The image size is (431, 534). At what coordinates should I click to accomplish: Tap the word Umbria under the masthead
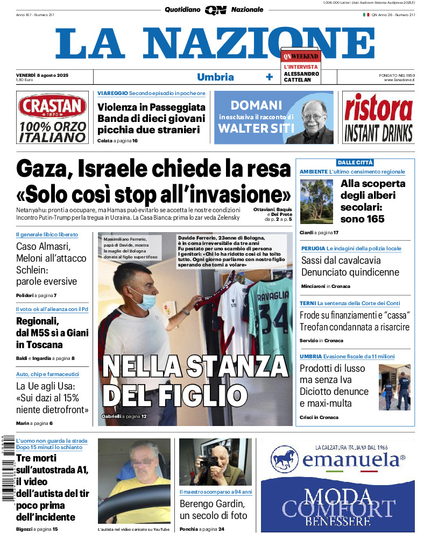215,77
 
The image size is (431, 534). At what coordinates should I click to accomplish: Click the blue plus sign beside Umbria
270,77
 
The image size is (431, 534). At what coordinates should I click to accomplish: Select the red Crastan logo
52,107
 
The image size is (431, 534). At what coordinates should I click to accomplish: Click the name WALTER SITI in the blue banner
256,128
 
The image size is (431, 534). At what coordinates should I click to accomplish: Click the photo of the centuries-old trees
316,201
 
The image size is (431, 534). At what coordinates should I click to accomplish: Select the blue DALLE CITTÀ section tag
355,163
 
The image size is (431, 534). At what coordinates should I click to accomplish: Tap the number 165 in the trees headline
372,219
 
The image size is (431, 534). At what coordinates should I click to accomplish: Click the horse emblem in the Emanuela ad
285,459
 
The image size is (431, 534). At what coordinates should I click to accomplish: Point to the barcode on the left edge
8,467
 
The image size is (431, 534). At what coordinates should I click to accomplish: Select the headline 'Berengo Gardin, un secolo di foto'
213,510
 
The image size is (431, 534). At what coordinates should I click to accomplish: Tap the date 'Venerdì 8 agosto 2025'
42,74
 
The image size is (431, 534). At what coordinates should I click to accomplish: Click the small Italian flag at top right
366,15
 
